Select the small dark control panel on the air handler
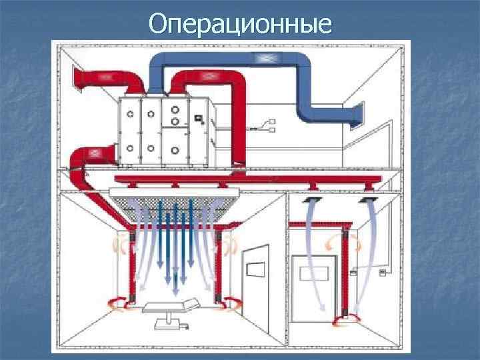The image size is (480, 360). click(198, 119)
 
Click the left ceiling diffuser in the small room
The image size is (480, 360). click(311, 199)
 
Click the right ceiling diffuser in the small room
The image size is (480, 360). click(367, 199)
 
